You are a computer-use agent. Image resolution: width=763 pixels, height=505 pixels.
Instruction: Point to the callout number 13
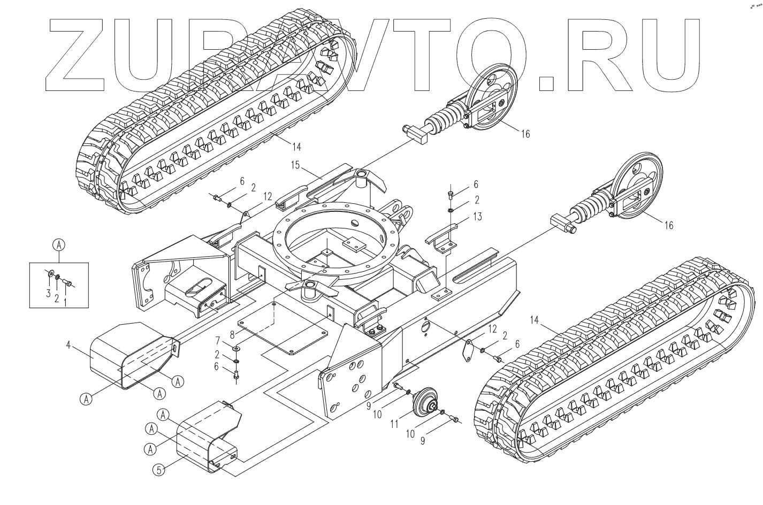click(x=478, y=216)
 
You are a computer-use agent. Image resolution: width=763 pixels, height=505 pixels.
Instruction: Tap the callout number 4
click(x=68, y=345)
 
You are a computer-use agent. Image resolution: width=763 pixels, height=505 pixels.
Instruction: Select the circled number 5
click(x=158, y=470)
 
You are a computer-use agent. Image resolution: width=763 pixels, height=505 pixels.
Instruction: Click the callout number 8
click(x=232, y=335)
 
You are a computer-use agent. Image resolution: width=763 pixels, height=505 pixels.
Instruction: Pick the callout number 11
click(x=395, y=424)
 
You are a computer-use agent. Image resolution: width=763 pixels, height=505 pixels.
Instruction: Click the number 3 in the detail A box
click(x=48, y=293)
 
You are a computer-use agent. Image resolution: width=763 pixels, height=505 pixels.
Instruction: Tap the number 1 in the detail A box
click(x=66, y=303)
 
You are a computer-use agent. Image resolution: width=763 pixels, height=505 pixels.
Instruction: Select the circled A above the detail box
click(x=59, y=244)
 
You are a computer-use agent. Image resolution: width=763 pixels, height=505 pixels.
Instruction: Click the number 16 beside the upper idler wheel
click(x=525, y=134)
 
